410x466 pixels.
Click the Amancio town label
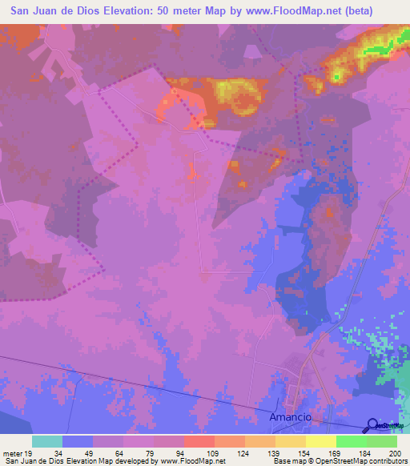click(290, 419)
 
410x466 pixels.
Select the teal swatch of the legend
click(47, 441)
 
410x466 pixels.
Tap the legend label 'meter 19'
click(17, 453)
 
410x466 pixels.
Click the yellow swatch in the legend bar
click(321, 441)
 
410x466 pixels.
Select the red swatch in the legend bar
click(199, 441)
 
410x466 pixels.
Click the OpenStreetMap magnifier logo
click(373, 425)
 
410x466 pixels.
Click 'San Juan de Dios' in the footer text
click(34, 461)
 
